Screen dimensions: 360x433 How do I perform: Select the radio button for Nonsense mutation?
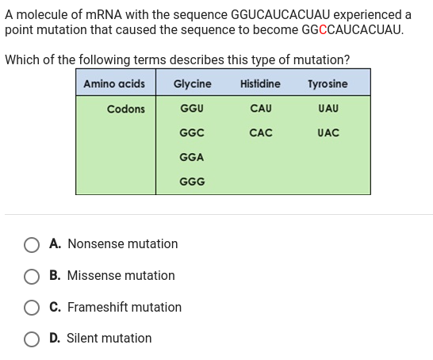point(33,244)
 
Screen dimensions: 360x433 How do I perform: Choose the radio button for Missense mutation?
point(33,276)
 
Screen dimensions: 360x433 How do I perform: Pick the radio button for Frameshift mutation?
point(33,307)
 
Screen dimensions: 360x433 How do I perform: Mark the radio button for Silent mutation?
point(33,339)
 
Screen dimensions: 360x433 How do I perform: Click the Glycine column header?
point(192,83)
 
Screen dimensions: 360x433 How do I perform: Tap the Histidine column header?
point(260,83)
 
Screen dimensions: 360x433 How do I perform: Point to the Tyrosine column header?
point(328,83)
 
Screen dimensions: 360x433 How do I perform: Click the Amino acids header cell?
point(114,83)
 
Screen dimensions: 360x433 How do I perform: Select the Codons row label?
point(126,109)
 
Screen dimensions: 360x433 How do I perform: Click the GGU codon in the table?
point(192,108)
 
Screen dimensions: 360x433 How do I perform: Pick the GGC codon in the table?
point(192,132)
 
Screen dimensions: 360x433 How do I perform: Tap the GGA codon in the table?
point(192,157)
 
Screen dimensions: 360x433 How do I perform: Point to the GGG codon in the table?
point(192,182)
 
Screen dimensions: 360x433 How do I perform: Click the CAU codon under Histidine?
point(260,108)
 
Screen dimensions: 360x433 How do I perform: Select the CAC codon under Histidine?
point(260,132)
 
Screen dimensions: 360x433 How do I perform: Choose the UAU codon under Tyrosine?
point(328,108)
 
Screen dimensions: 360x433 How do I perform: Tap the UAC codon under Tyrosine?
point(328,132)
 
